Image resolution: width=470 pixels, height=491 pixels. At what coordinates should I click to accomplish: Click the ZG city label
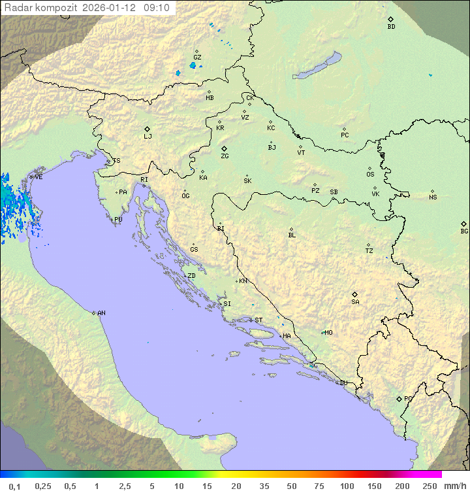[225, 156]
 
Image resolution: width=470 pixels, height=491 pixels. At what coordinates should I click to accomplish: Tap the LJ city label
[148, 137]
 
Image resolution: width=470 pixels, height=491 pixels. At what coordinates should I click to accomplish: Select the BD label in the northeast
[391, 27]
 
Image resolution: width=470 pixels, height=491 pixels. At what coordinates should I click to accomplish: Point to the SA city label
[355, 302]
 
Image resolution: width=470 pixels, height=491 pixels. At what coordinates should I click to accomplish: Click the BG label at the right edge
[464, 231]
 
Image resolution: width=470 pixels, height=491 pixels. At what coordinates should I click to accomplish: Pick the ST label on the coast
[258, 320]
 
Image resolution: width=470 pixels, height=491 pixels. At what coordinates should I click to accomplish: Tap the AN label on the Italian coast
[101, 313]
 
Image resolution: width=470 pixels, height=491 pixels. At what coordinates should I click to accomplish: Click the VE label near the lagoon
[39, 177]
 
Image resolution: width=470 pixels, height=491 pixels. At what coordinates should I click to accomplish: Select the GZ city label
[197, 58]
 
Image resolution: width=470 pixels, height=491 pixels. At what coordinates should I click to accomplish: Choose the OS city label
[370, 175]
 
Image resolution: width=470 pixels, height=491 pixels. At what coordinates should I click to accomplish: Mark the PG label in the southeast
[408, 398]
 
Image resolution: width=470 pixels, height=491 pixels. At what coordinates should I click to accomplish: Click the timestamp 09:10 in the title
[157, 8]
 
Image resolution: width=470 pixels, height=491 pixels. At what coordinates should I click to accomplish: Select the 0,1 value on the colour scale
[14, 486]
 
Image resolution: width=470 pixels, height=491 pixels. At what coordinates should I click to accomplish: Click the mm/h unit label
[455, 486]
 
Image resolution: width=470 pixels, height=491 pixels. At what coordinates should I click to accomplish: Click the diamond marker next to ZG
[224, 148]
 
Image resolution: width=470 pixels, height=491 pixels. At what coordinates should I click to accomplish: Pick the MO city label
[328, 333]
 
